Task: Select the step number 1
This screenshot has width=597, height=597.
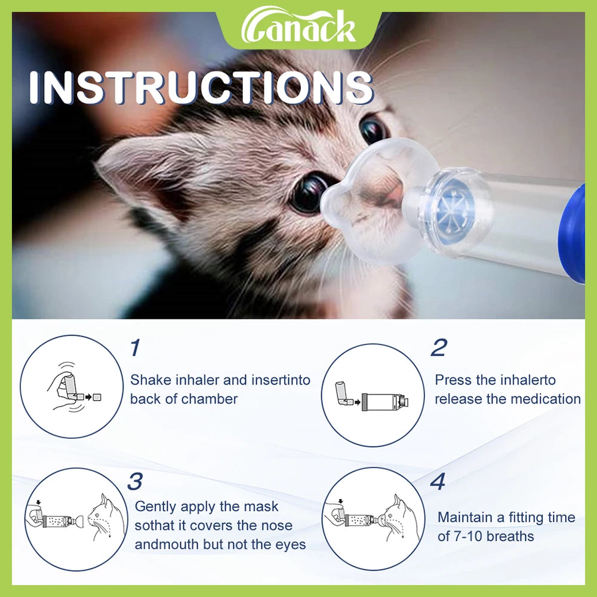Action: (x=136, y=347)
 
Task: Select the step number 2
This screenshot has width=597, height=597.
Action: (x=439, y=347)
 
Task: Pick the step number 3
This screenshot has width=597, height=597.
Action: (x=136, y=481)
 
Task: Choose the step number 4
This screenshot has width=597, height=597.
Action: (x=438, y=481)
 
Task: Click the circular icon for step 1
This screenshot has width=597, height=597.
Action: (x=72, y=387)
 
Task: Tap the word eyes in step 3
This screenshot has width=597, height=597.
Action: (x=291, y=544)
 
